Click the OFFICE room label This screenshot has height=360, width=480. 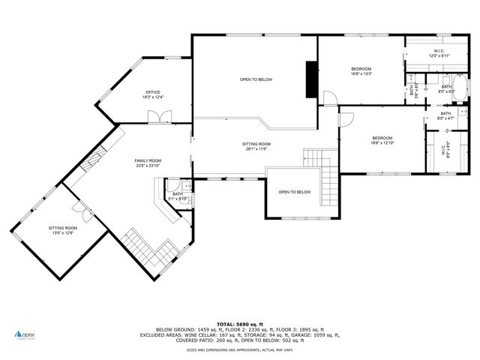point(153,92)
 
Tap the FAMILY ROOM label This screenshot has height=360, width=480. point(148,160)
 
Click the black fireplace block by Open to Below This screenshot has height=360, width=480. point(310,79)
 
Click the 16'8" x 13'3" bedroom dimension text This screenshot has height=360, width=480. point(361,73)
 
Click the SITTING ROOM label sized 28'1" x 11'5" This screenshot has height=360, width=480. point(256,145)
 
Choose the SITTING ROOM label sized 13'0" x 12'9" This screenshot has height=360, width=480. point(63,229)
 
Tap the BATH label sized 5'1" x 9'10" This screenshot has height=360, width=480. point(178,196)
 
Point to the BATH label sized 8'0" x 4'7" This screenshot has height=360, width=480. point(445,115)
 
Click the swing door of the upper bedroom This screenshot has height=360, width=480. point(328,97)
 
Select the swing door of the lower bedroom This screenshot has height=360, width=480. point(346,118)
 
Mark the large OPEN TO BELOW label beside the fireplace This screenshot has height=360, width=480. point(256,79)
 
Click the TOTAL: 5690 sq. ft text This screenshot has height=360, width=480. point(239,324)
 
